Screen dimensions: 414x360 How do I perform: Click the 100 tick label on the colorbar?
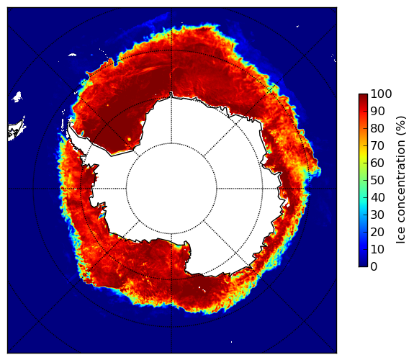coord(381,94)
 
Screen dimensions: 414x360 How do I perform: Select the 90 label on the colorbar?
coord(377,111)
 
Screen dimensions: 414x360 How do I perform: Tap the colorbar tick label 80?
coord(377,129)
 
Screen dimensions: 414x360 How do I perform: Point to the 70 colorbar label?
coord(377,145)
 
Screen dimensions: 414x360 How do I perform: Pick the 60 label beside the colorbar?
coord(377,163)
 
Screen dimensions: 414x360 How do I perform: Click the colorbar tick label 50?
coord(377,181)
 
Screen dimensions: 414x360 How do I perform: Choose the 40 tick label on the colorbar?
coord(377,197)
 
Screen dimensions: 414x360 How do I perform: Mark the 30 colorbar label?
coord(377,215)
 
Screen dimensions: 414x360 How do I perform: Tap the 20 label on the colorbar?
coord(377,232)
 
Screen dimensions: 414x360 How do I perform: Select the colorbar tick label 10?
coord(377,249)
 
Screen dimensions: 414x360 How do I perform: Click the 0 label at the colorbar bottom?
coord(374,267)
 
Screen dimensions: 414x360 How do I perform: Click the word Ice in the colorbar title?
coord(401,237)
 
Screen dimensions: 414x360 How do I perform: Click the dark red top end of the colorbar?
coord(363,95)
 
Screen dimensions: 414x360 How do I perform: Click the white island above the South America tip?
coord(17,96)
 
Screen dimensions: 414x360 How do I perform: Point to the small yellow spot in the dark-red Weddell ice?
coord(129,139)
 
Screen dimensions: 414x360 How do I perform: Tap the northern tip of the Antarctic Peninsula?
coord(69,124)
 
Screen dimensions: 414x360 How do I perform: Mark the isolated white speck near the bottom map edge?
coord(232,342)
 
